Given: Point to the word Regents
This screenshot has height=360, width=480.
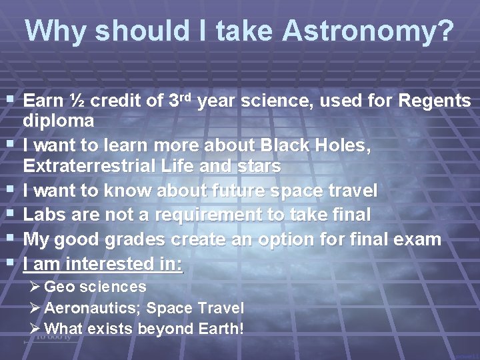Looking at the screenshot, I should (435, 101).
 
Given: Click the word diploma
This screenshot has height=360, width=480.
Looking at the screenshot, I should (58, 121).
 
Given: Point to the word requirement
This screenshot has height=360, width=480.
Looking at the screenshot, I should (209, 215).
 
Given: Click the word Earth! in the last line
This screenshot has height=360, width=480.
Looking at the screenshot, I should (221, 329).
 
